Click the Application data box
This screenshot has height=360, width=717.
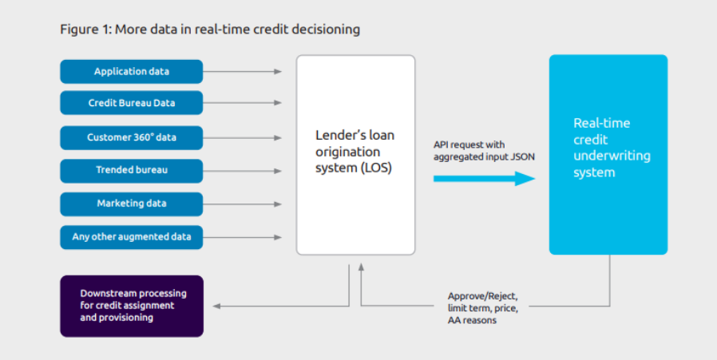(131, 71)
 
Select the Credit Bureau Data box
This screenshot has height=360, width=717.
(131, 103)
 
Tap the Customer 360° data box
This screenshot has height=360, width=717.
(131, 137)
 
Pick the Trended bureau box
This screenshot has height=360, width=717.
(131, 171)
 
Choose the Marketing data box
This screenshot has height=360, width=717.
(131, 204)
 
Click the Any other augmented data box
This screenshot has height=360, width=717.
(131, 237)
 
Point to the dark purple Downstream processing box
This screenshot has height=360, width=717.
(132, 306)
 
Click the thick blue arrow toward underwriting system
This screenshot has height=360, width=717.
(484, 178)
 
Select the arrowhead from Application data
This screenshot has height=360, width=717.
(278, 71)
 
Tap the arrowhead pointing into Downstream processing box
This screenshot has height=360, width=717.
(216, 306)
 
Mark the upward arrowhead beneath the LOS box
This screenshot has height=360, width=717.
(361, 267)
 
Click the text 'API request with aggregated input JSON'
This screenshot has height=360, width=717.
(484, 151)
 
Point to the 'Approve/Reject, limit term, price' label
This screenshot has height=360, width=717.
(483, 302)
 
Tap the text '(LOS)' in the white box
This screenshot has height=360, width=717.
(376, 168)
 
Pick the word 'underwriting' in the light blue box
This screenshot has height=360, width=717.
(612, 156)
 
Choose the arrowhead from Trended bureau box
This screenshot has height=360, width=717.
(278, 171)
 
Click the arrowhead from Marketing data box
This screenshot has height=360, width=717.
(278, 204)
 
